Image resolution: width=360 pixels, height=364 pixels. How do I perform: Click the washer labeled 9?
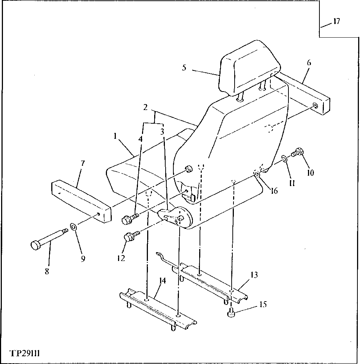73,226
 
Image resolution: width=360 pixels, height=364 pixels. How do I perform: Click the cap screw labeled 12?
131,236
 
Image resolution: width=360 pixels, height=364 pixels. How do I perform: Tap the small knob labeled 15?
232,314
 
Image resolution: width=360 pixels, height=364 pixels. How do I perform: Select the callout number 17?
336,21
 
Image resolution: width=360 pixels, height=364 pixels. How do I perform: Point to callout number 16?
274,191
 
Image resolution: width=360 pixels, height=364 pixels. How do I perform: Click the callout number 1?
115,136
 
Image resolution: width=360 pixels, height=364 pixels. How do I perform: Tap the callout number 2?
146,107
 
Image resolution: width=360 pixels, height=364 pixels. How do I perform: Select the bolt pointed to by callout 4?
129,219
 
